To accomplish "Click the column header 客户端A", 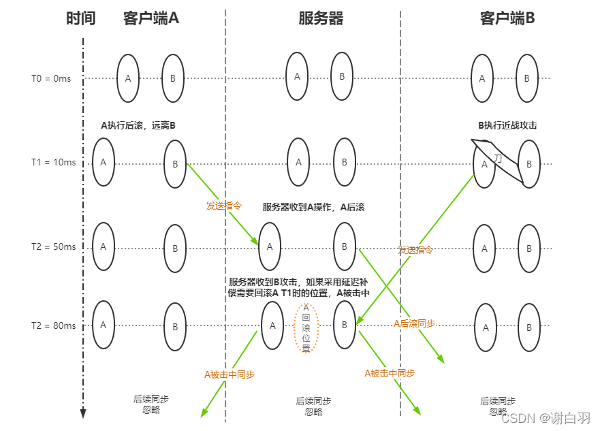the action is coord(151,18).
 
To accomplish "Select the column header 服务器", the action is coord(320,18).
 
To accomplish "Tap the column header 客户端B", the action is coord(507,18).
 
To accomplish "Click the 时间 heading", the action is coord(80,18).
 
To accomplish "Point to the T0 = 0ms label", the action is coord(50,79).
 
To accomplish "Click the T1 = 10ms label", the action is coord(52,163).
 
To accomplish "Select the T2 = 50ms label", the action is coord(52,246).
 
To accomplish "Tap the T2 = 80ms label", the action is coord(52,325).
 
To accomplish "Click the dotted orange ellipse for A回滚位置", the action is coord(306,328).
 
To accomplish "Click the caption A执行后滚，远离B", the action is coord(138,125).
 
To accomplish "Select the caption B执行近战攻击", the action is coord(507,125).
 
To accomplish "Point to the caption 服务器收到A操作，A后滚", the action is coord(313,207).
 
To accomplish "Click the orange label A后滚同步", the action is coord(415,324).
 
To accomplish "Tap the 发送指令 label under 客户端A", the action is coord(224,205).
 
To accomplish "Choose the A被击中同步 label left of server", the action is coord(230,374).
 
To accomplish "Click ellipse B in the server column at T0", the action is coord(342,76).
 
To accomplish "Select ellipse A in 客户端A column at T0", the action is coord(128,78).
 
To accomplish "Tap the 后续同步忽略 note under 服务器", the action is coord(313,406).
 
